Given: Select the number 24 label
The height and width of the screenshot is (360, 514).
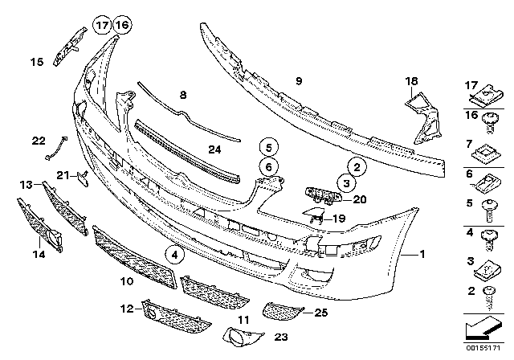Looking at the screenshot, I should (213, 149).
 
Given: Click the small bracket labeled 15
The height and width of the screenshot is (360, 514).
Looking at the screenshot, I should (70, 48).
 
